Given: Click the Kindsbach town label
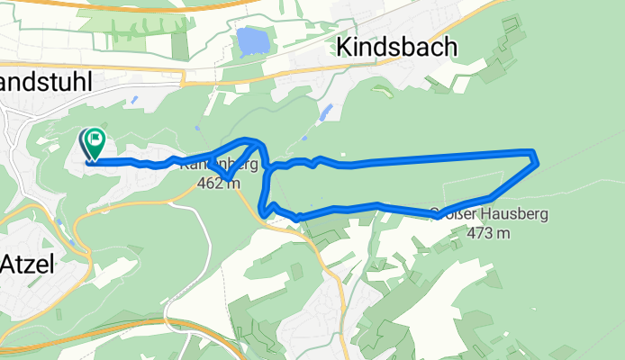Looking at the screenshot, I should coord(396,47).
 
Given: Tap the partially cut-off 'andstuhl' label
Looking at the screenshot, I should coord(54,81).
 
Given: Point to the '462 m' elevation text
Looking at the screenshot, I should coord(219,184).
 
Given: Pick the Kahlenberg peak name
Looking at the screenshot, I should coord(219,166).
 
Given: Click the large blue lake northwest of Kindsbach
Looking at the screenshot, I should coord(251,41).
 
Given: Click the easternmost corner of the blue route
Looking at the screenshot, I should coord(537,162).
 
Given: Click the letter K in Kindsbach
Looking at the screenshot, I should coord(345,47).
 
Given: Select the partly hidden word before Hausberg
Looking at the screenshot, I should coord(447,214).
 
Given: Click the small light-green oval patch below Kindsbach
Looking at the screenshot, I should coord(379,92).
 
